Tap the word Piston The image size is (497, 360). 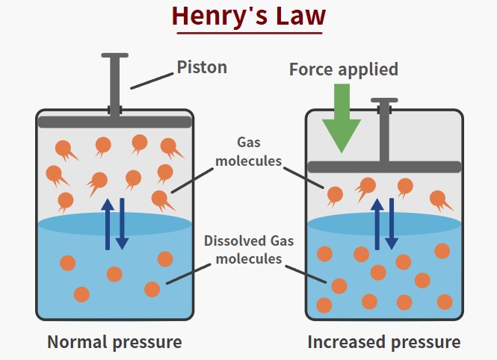pos(202,67)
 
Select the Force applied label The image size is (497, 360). pos(343,69)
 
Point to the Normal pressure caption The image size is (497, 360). pos(114,343)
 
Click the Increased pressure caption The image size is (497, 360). pos(384,343)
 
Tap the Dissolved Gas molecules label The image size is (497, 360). pos(250,250)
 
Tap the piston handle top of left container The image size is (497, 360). pos(114,56)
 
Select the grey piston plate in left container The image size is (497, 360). pos(114,122)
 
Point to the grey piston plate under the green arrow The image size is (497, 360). pos(384,167)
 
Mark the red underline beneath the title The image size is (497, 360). pos(248,33)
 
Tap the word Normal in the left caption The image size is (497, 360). pos(78,343)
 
